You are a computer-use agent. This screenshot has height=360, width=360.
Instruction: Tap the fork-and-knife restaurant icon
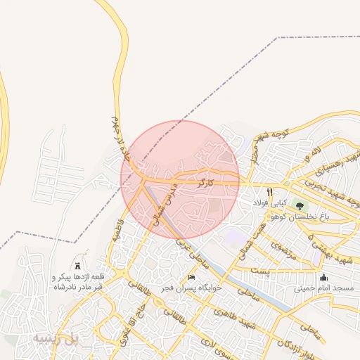pyautogui.click(x=269, y=192)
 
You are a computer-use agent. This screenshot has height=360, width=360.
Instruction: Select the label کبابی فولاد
pyautogui.click(x=269, y=204)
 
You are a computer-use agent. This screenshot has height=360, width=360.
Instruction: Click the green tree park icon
pyautogui.click(x=300, y=206)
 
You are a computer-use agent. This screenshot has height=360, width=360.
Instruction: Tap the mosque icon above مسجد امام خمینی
pyautogui.click(x=323, y=277)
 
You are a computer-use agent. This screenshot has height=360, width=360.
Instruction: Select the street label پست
pyautogui.click(x=261, y=271)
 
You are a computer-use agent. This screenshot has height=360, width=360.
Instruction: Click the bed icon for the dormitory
pyautogui.click(x=191, y=277)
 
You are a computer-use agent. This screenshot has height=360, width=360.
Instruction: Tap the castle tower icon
pyautogui.click(x=77, y=265)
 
